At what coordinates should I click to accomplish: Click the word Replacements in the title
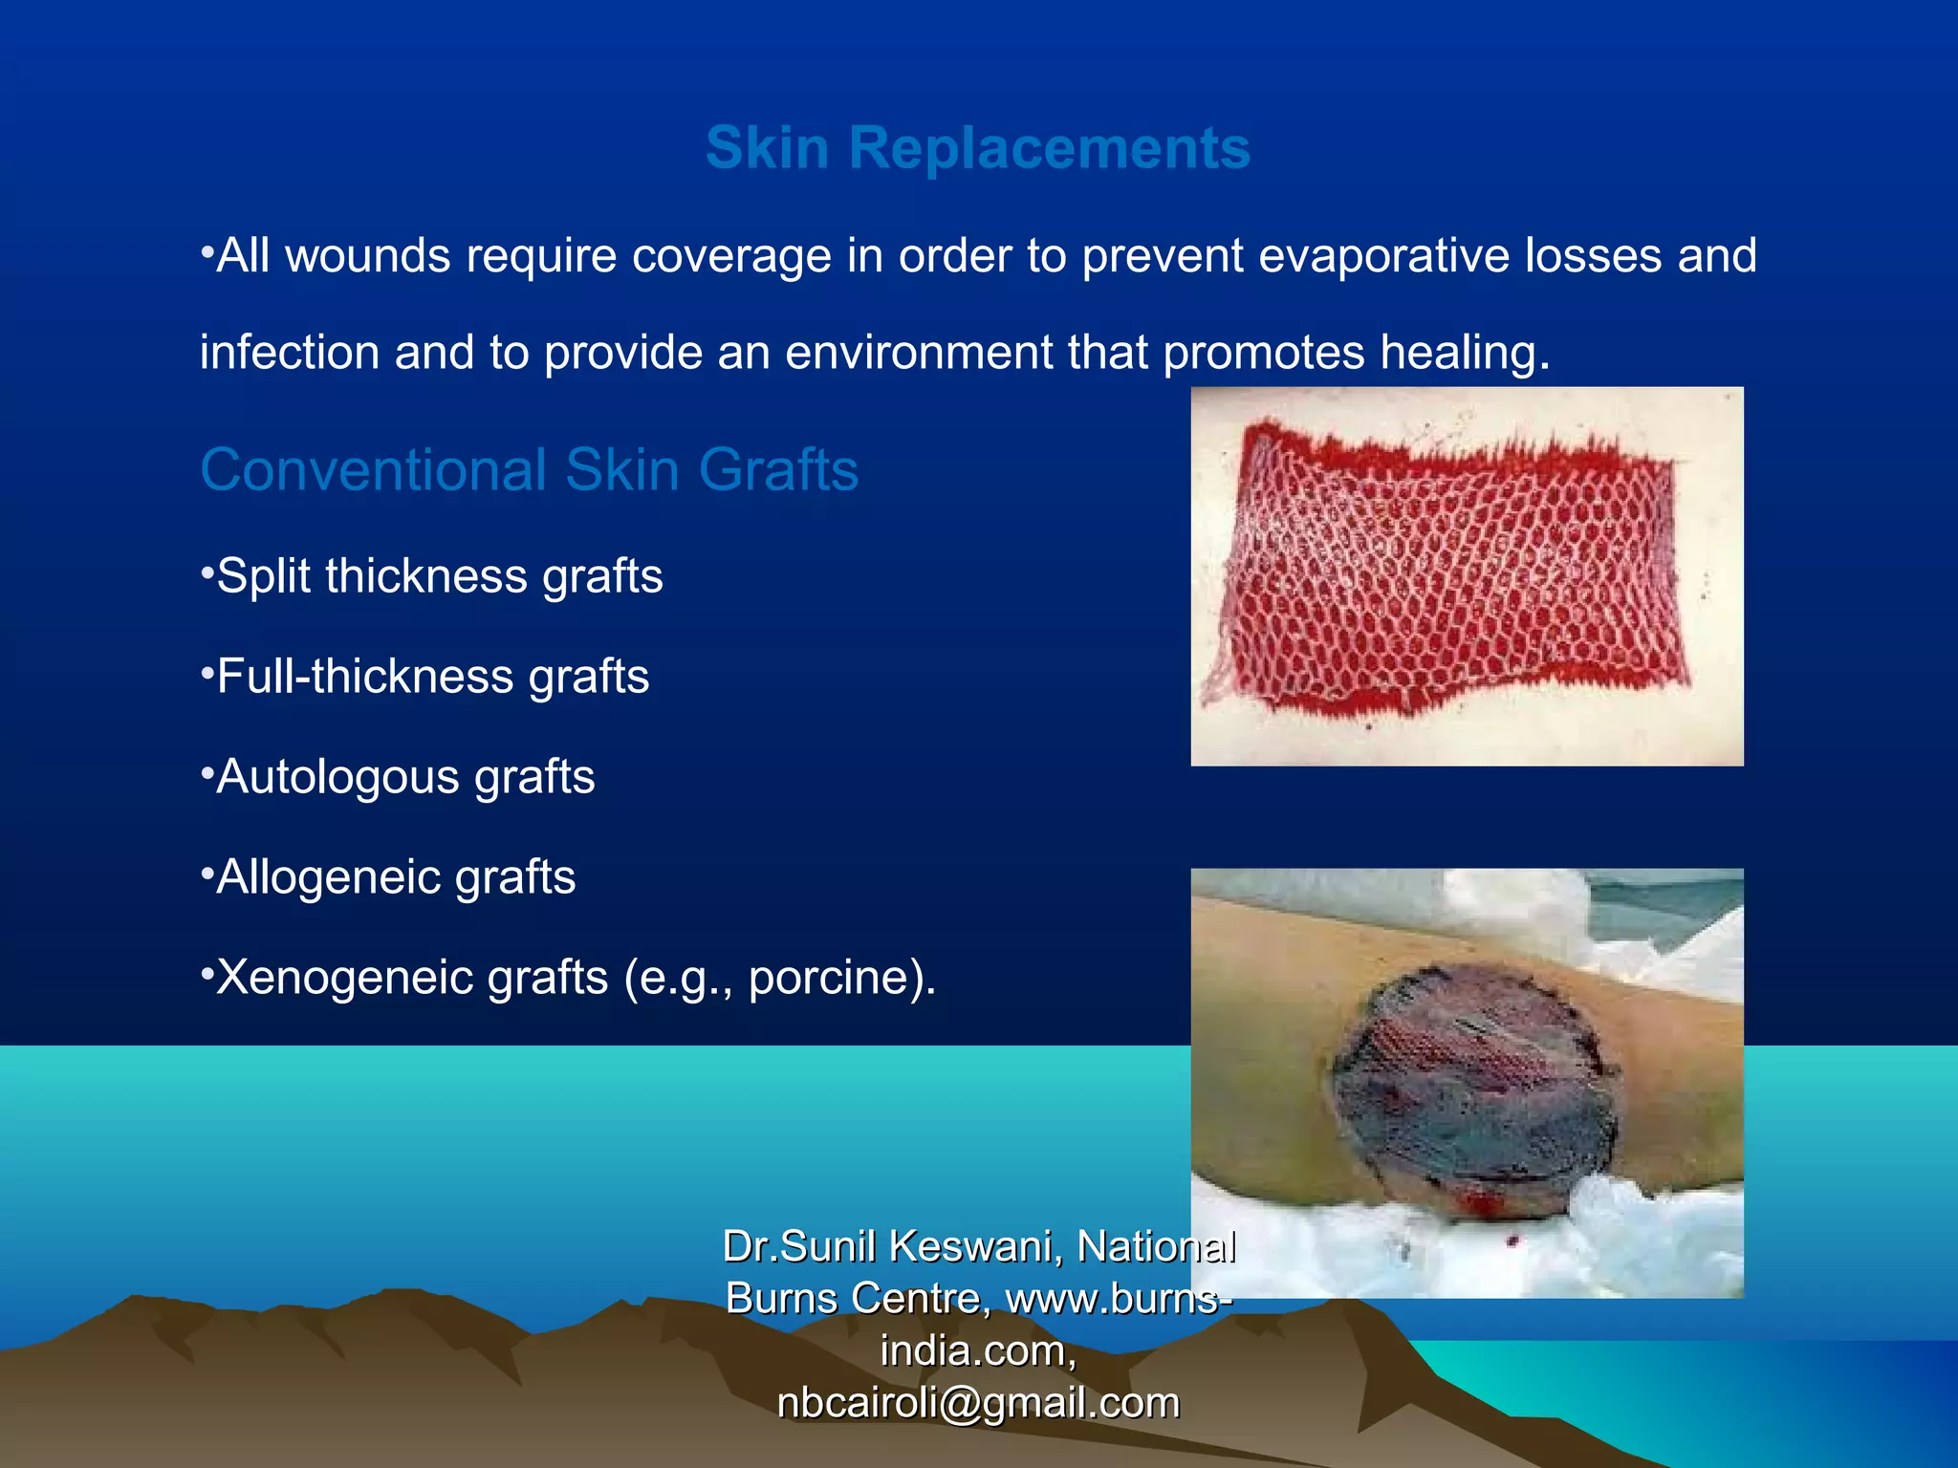pos(1049,148)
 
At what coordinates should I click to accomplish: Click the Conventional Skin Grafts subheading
pos(529,470)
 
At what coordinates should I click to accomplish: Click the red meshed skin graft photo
pos(1466,576)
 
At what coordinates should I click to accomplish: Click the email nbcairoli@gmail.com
pos(978,1403)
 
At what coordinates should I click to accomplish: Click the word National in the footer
pos(1156,1247)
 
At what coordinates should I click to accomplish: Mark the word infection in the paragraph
pos(290,353)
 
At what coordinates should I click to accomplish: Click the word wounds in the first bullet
pos(368,256)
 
